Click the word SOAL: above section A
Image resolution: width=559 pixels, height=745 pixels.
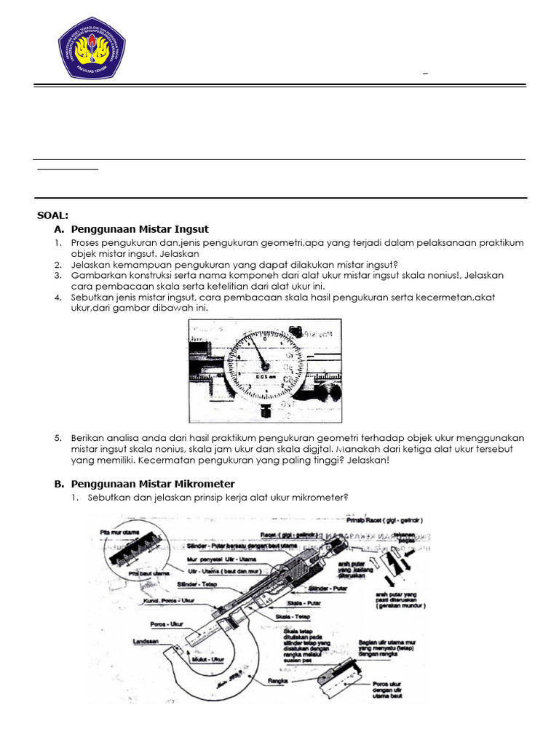tap(52, 215)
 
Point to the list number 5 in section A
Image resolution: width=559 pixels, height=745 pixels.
tap(57, 438)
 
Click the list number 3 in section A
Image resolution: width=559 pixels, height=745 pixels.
tap(57, 276)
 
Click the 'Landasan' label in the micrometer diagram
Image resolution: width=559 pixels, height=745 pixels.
tap(147, 641)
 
